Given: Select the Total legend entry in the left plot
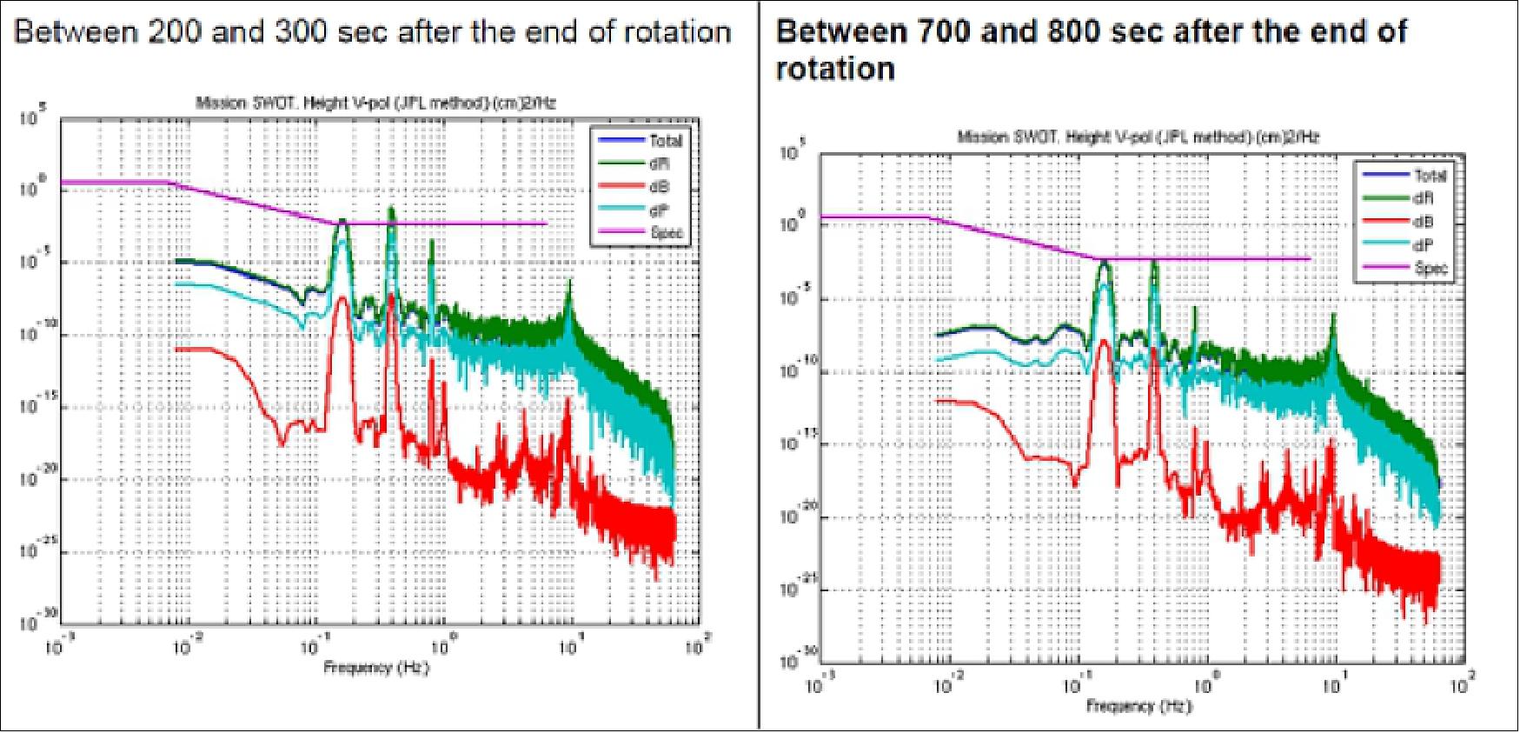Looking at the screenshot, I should click(666, 141).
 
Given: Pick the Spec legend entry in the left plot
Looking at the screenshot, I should click(666, 232).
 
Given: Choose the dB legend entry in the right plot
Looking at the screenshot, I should click(1423, 222).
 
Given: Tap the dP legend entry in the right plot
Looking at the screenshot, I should click(1423, 245).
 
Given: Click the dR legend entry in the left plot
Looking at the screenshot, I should click(658, 163).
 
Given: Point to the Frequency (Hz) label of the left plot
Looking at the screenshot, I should click(376, 668).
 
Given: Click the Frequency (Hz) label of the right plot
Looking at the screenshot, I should click(1138, 706).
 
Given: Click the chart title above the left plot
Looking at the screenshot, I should click(375, 103).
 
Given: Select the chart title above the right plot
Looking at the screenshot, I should click(1138, 137).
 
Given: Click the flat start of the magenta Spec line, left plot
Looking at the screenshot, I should click(113, 182).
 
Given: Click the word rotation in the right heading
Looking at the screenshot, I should click(834, 69).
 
